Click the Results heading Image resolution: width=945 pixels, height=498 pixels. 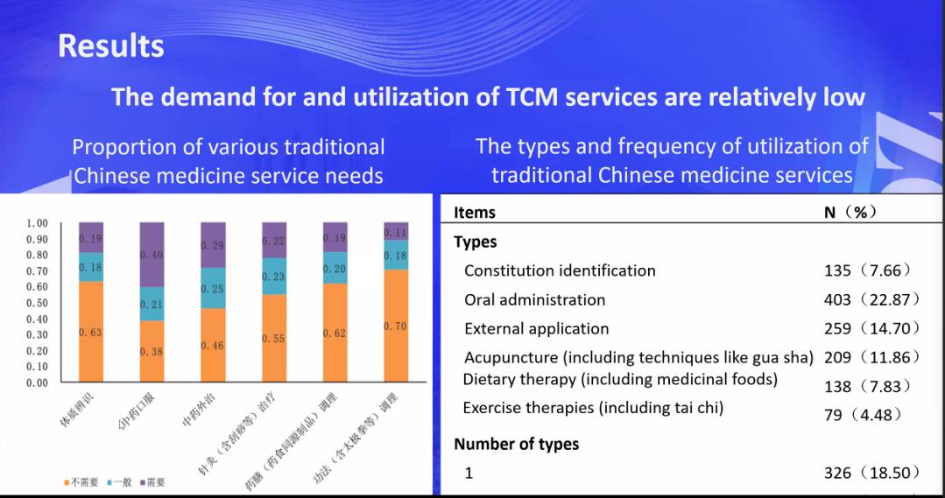[110, 46]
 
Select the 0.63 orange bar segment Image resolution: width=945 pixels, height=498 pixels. [91, 332]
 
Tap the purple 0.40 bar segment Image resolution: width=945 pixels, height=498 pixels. [152, 255]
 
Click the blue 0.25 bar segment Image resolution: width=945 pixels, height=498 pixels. [213, 288]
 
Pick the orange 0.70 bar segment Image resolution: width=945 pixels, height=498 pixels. [396, 326]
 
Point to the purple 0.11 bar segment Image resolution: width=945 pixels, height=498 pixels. [396, 231]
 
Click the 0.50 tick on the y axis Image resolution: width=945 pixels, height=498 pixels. [38, 303]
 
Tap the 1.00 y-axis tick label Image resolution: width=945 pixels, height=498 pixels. [38, 223]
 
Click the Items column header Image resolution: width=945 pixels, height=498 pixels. [474, 213]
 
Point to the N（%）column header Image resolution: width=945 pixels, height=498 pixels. [850, 213]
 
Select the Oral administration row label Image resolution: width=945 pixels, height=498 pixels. [534, 299]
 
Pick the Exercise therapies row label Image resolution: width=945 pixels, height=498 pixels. [593, 408]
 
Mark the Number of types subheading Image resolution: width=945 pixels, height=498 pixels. [516, 444]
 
